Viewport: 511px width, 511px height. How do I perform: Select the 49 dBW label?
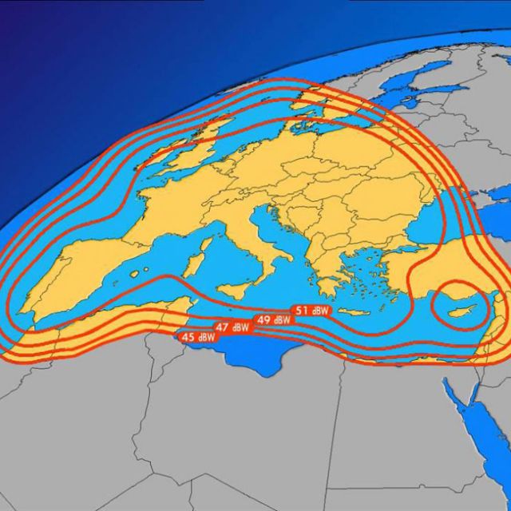272,319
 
